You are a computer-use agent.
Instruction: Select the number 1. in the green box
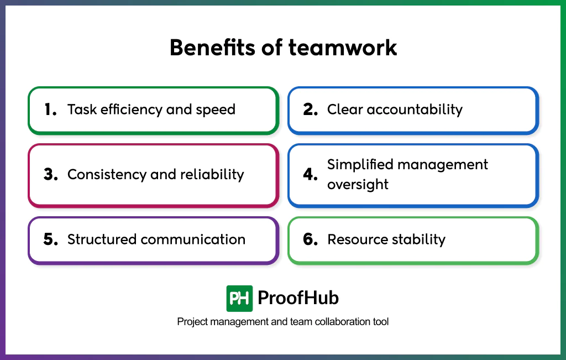click(51, 109)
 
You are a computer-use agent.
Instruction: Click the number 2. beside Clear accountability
click(311, 109)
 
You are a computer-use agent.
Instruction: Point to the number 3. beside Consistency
click(51, 175)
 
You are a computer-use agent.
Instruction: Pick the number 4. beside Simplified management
click(311, 175)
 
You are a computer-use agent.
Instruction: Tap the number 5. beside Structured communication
click(51, 239)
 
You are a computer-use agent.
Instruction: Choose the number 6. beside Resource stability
click(311, 239)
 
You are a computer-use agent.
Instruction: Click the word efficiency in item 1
click(130, 109)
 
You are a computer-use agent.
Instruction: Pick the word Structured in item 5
click(102, 239)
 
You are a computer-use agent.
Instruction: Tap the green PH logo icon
click(239, 299)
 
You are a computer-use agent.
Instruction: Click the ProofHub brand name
click(298, 299)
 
